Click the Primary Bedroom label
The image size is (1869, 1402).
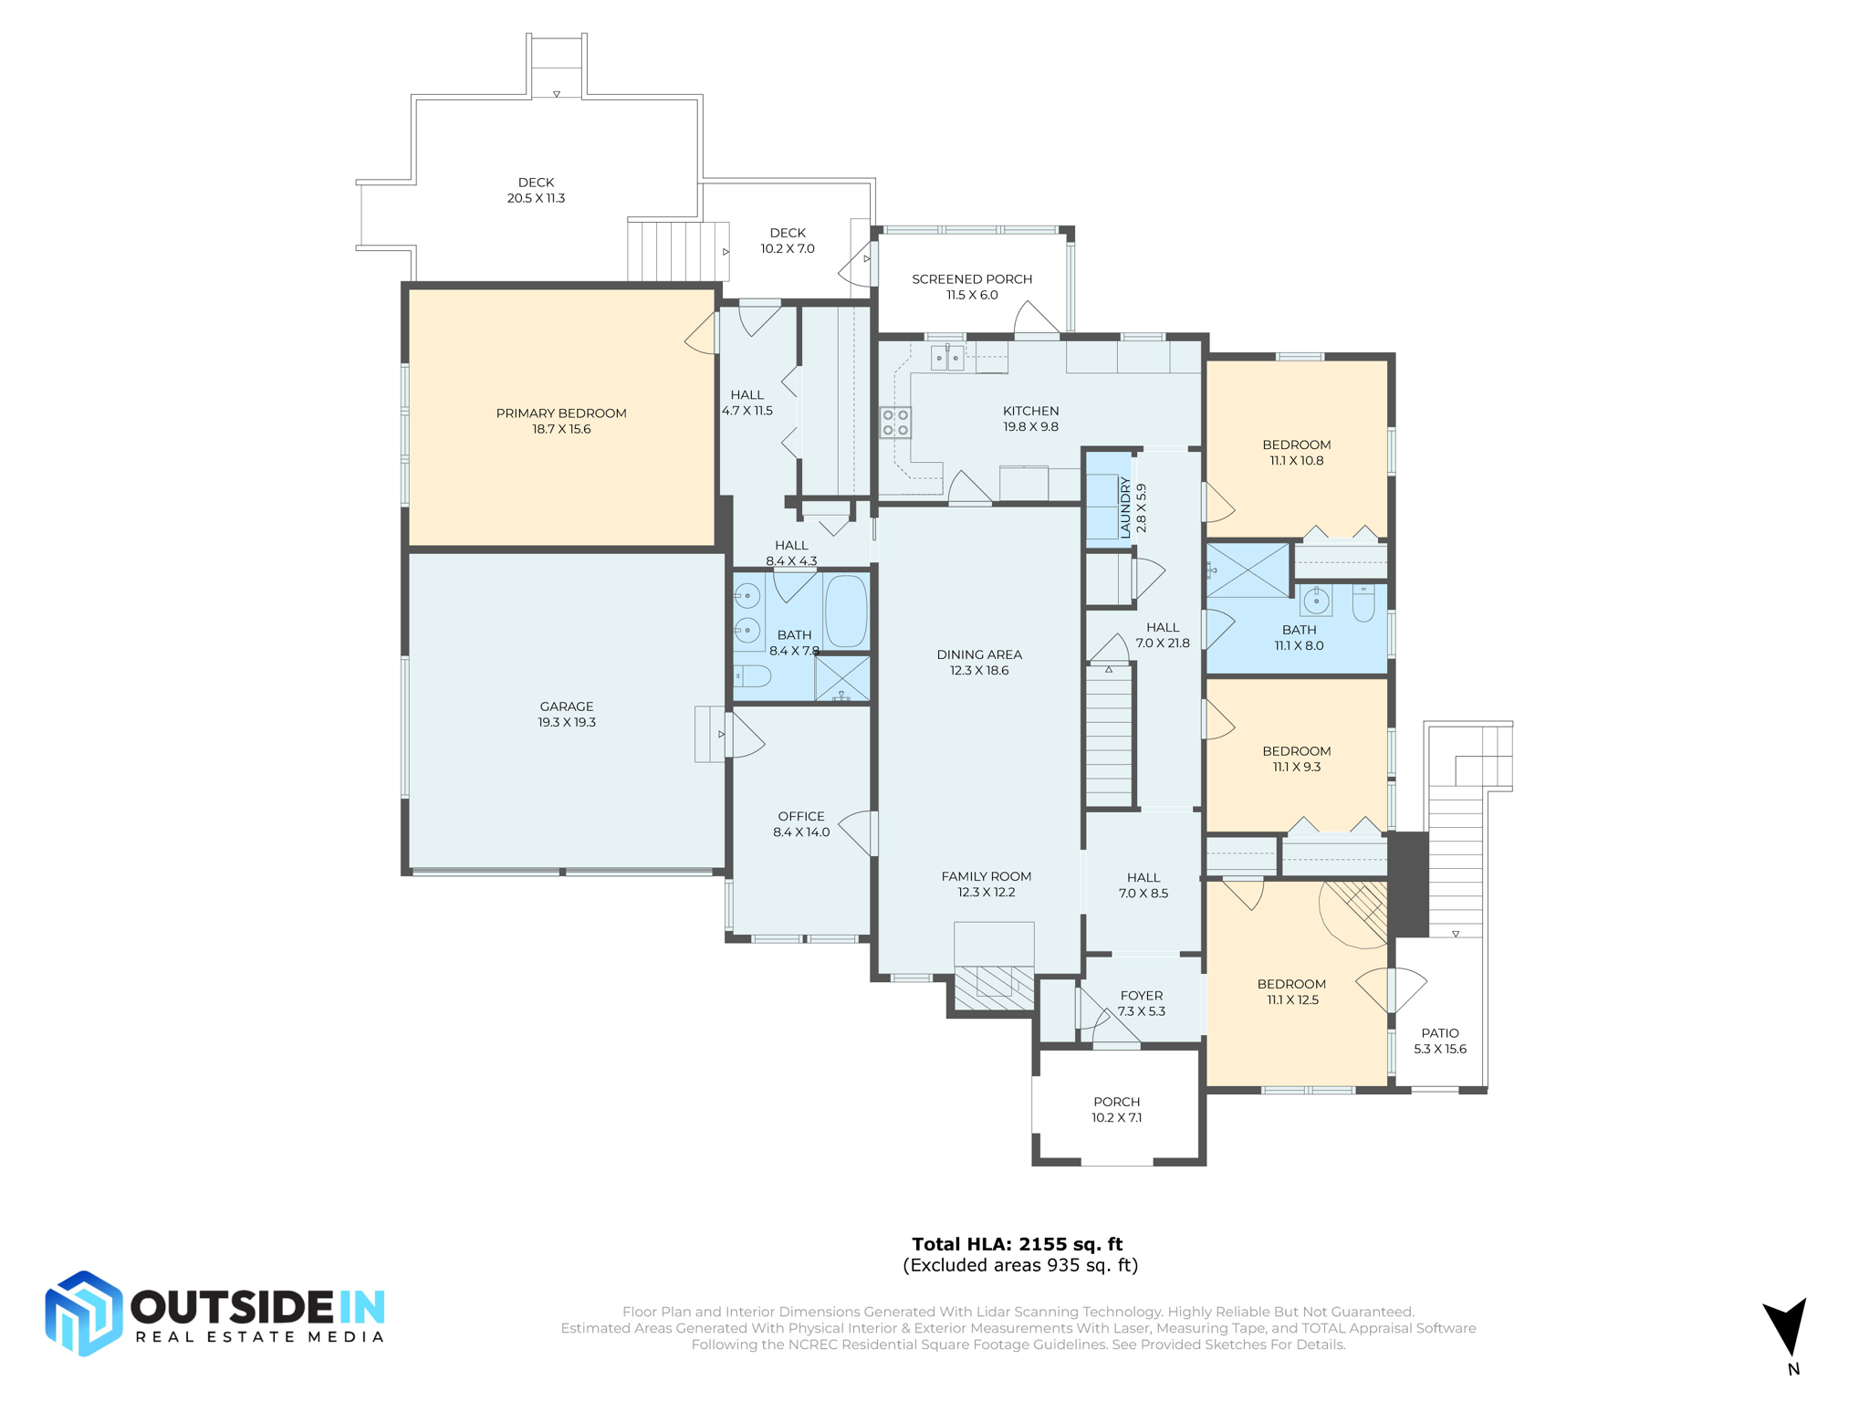click(x=561, y=421)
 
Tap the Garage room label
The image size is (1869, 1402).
click(x=567, y=714)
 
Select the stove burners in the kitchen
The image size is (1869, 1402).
click(x=895, y=423)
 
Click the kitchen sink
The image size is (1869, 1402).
click(x=947, y=358)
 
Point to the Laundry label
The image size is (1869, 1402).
click(x=1133, y=507)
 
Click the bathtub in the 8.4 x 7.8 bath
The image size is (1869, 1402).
click(x=846, y=611)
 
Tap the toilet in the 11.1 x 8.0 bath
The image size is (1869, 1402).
click(x=1363, y=602)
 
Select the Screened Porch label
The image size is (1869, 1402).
click(x=972, y=287)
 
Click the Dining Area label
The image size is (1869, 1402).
click(x=979, y=662)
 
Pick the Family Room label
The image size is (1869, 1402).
click(x=987, y=884)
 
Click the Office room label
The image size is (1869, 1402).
click(x=801, y=823)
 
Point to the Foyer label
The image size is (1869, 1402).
click(x=1142, y=1003)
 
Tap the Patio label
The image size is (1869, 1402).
click(x=1440, y=1041)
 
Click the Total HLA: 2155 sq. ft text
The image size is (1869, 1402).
click(x=1018, y=1243)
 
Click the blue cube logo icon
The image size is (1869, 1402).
click(x=84, y=1313)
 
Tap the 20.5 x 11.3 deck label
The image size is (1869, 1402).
click(x=537, y=190)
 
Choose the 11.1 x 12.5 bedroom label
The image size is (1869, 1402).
click(x=1291, y=991)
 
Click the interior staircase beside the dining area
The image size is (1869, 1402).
click(x=1109, y=735)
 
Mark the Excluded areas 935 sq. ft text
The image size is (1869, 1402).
click(x=1020, y=1265)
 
